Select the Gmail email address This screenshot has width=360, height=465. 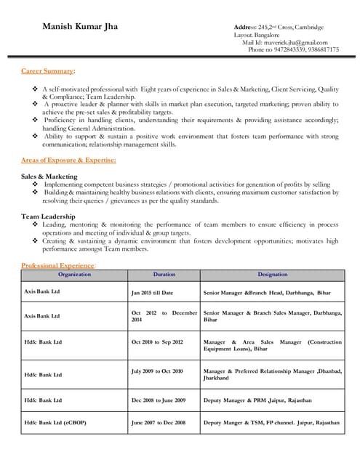pyautogui.click(x=295, y=42)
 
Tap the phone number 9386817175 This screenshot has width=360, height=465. pyautogui.click(x=321, y=50)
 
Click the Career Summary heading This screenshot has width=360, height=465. pyautogui.click(x=47, y=70)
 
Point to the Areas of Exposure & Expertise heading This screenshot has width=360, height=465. pyautogui.click(x=68, y=159)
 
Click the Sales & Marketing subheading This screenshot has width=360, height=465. pyautogui.click(x=49, y=177)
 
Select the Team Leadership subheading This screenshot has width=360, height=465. pyautogui.click(x=48, y=217)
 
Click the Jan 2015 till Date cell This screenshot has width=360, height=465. pyautogui.click(x=152, y=292)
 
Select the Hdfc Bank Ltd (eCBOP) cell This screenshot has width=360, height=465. pyautogui.click(x=55, y=422)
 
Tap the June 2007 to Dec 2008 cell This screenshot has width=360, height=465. pyautogui.click(x=159, y=422)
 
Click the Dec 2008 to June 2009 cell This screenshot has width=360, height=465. pyautogui.click(x=159, y=400)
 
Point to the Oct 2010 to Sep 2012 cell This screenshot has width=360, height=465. pyautogui.click(x=157, y=341)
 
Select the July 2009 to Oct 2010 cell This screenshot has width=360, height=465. pyautogui.click(x=157, y=371)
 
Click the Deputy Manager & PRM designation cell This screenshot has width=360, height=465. pyautogui.click(x=257, y=400)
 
